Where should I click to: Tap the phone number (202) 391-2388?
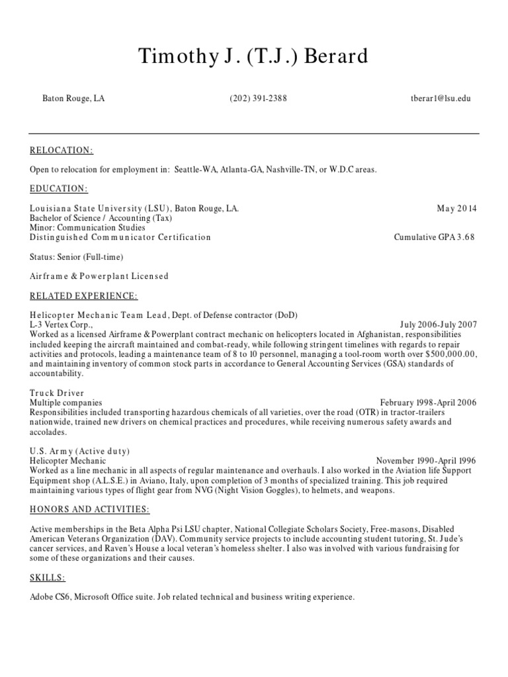[259, 99]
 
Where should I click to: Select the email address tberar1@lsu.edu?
[441, 99]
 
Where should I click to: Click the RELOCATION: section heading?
[62, 150]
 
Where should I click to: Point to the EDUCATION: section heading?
[59, 188]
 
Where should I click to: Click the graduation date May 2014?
[456, 208]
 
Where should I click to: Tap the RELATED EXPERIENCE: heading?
[84, 295]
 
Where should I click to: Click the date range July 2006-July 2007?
[438, 325]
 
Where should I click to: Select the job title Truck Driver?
[58, 393]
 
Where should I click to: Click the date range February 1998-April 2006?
[428, 403]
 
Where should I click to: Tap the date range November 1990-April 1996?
[426, 461]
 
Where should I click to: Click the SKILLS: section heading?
[48, 577]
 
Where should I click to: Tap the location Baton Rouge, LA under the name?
[74, 99]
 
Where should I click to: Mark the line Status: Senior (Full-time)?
[77, 257]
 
